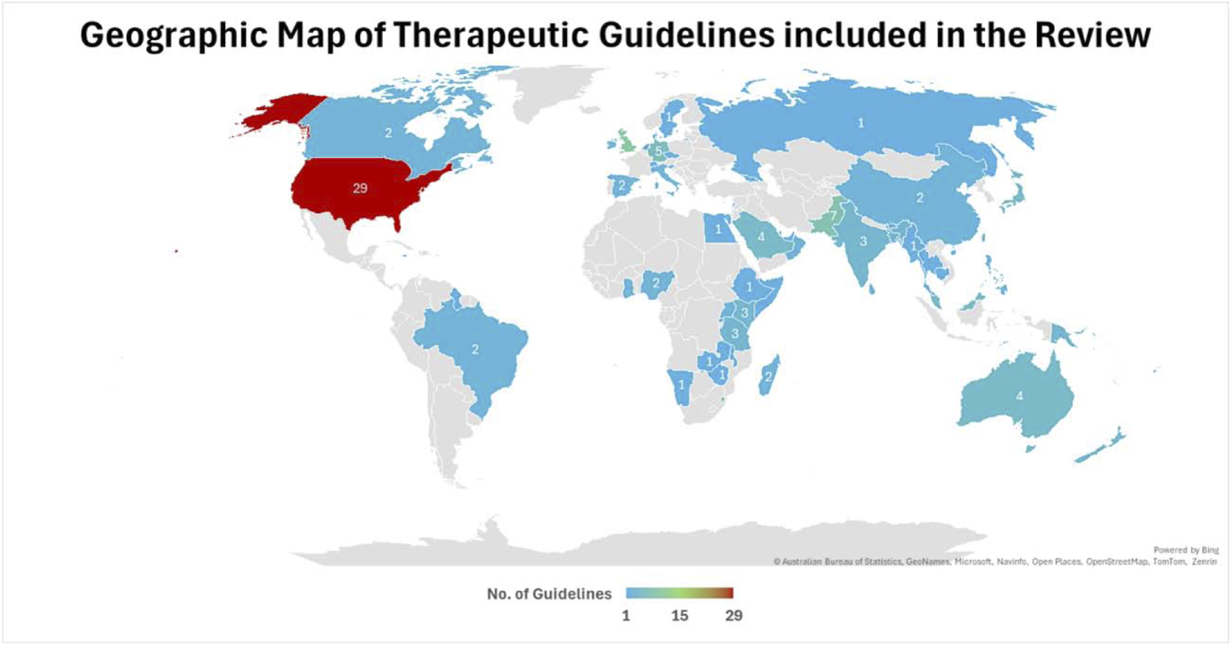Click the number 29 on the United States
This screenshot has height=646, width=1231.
click(x=360, y=188)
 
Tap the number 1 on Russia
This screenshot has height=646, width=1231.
click(x=861, y=123)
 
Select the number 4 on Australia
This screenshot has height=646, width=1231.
click(x=1019, y=396)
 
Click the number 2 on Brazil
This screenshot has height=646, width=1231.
click(x=475, y=349)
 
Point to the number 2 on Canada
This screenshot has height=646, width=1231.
click(x=388, y=133)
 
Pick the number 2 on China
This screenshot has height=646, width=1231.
click(x=920, y=198)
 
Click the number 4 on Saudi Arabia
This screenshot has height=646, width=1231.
click(x=761, y=237)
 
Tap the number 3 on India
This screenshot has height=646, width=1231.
click(x=863, y=242)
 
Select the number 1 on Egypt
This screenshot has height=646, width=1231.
click(x=718, y=229)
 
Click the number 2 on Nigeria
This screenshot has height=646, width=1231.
click(x=655, y=283)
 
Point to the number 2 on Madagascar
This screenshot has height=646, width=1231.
click(x=768, y=376)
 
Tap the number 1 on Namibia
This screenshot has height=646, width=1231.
click(x=681, y=385)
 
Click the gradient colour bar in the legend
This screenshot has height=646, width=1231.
click(x=679, y=593)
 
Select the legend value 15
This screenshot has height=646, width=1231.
click(x=679, y=615)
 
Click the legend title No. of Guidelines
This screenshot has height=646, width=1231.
click(x=549, y=594)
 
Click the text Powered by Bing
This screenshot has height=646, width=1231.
click(x=1186, y=550)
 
